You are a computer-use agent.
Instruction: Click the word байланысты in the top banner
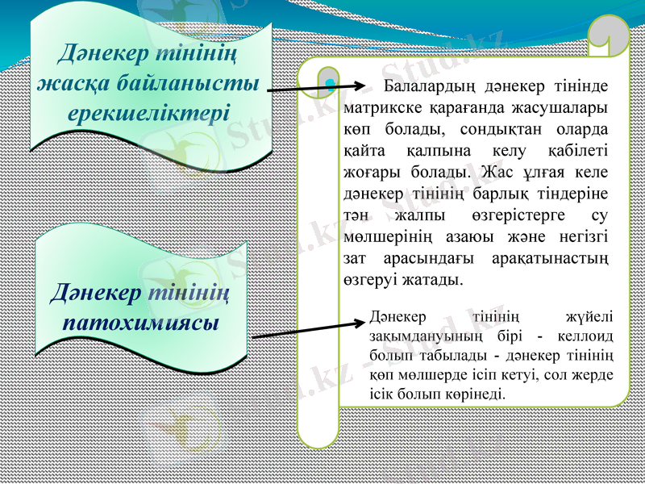(186, 82)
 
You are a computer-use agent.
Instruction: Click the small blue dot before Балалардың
(331, 83)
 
